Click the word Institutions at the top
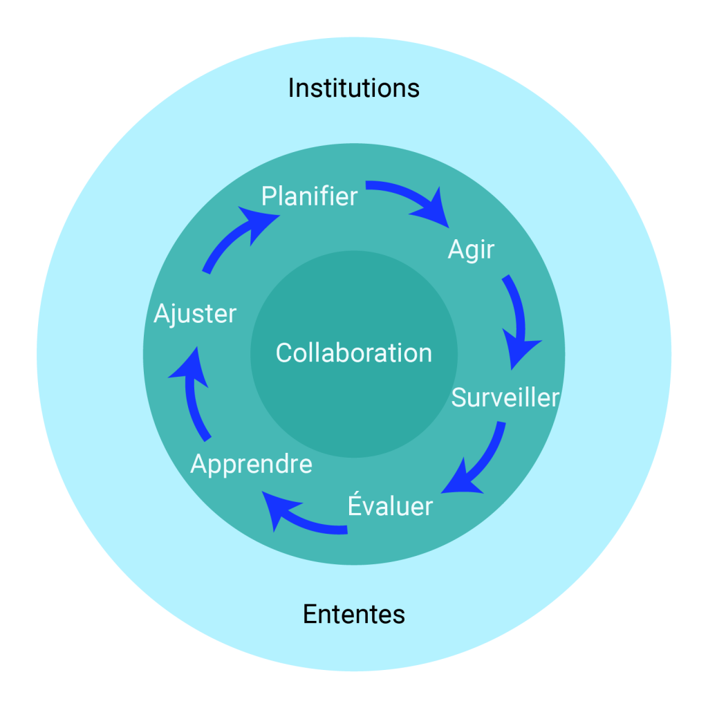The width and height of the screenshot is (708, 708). click(353, 88)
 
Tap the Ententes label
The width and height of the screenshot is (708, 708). click(353, 614)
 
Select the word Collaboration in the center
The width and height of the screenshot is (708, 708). click(353, 353)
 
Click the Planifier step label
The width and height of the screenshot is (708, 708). click(309, 196)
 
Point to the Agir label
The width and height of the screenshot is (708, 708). click(471, 249)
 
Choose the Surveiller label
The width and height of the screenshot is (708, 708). click(505, 398)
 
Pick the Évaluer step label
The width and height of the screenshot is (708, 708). click(389, 506)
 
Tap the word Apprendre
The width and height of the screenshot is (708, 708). click(251, 464)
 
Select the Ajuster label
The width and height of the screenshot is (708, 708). click(195, 314)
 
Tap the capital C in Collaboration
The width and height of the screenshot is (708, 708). click(283, 353)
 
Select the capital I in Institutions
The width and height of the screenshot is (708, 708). click(291, 88)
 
